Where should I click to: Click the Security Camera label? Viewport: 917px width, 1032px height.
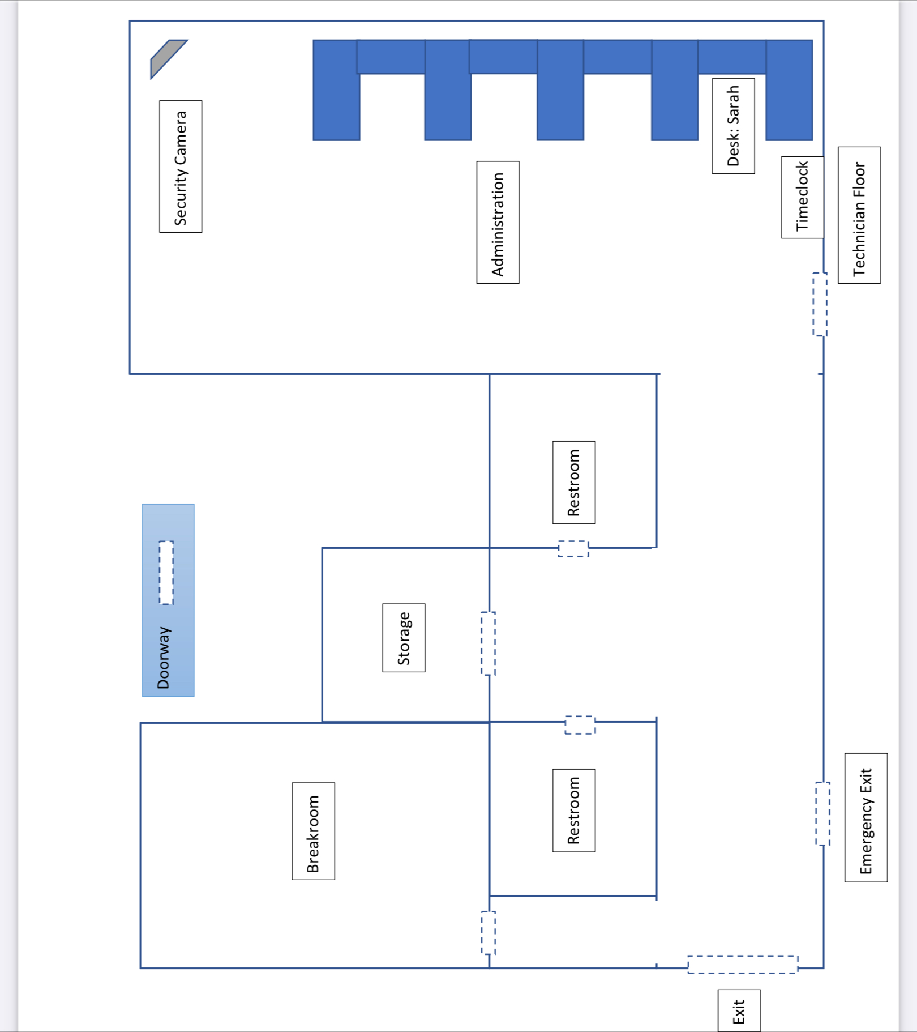(181, 167)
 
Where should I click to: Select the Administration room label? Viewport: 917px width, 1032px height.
(498, 223)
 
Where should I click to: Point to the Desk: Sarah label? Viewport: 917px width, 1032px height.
(733, 126)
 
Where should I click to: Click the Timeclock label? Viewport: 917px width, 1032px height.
(802, 197)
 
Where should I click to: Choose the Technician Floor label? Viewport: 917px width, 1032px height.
(859, 215)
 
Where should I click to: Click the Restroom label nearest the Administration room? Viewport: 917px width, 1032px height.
(574, 483)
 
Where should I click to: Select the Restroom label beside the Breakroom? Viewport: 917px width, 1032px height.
(574, 811)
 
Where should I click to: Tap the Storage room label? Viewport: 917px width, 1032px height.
(404, 638)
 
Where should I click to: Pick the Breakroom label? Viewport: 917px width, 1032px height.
(313, 831)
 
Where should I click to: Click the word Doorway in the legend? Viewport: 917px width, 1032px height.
(164, 658)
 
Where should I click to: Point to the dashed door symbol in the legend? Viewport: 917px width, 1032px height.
(166, 573)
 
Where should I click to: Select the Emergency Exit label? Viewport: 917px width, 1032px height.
(866, 818)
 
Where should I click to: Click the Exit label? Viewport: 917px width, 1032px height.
(739, 1012)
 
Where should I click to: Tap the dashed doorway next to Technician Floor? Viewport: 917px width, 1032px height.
(820, 304)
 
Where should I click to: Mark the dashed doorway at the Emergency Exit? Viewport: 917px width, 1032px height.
(822, 813)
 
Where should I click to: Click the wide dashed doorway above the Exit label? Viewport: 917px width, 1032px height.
(743, 965)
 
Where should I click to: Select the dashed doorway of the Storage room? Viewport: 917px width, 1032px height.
(488, 643)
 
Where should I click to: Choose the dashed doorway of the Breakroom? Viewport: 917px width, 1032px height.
(488, 933)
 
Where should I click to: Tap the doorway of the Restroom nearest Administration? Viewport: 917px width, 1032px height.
(573, 549)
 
